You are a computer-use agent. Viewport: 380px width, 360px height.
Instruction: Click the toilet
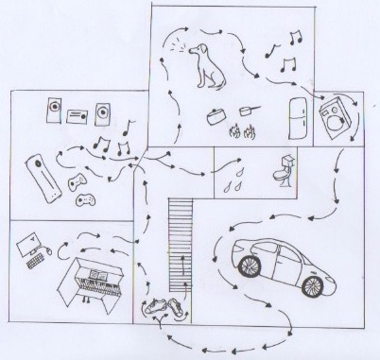click(x=281, y=169)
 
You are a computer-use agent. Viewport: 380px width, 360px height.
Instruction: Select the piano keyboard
click(x=94, y=284)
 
